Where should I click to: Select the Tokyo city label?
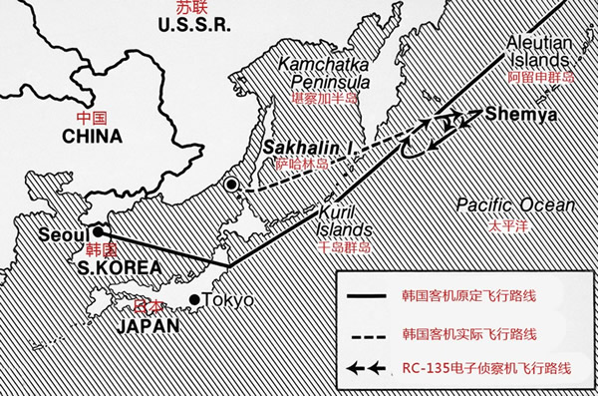point(228,300)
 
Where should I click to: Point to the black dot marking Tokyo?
point(193,300)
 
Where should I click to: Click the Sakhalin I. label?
point(309,147)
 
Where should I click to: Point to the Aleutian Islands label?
point(542,51)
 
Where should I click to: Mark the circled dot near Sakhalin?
point(231,185)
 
